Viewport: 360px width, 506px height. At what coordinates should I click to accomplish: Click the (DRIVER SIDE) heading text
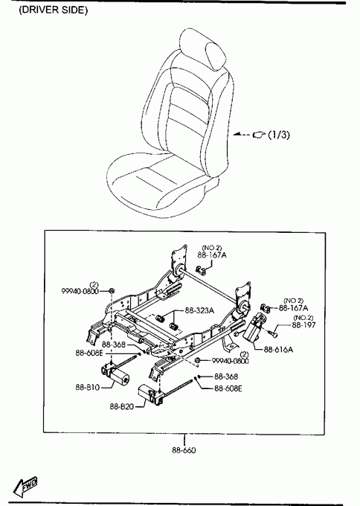pyautogui.click(x=54, y=10)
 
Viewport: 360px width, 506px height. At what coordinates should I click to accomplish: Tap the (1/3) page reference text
pyautogui.click(x=279, y=134)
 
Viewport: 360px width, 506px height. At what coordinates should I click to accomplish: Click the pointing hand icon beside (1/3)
pyautogui.click(x=259, y=134)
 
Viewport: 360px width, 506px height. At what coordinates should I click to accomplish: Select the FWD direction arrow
pyautogui.click(x=25, y=487)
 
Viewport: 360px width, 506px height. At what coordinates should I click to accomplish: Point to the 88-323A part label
pyautogui.click(x=199, y=310)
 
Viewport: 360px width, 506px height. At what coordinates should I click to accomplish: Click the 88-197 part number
pyautogui.click(x=303, y=324)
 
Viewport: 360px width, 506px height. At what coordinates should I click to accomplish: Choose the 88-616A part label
pyautogui.click(x=278, y=350)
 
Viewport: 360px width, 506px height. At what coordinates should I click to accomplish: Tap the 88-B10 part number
pyautogui.click(x=88, y=387)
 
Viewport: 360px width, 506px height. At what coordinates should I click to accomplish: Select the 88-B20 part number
pyautogui.click(x=122, y=406)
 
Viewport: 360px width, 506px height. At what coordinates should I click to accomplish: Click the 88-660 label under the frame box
pyautogui.click(x=184, y=450)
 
